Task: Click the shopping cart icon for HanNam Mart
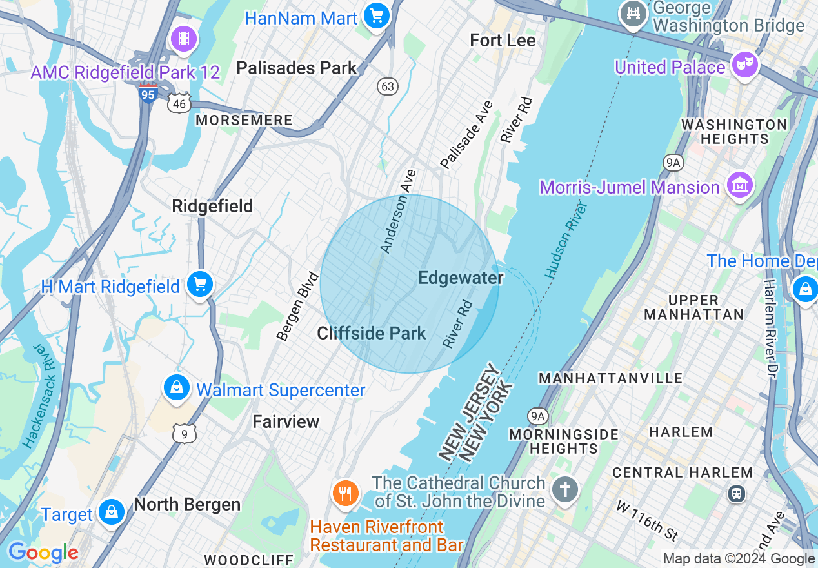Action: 376,16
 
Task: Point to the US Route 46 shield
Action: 179,103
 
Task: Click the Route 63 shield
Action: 388,86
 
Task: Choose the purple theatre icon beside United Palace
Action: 744,65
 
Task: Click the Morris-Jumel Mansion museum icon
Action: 740,186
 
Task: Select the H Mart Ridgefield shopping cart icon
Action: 200,285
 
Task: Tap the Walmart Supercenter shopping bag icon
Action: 176,388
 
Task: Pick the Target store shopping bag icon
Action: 112,512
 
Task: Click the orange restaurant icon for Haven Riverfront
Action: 346,494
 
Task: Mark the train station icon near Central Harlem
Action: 736,494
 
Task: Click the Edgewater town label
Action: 461,278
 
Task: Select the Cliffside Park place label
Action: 372,334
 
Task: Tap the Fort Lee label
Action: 503,41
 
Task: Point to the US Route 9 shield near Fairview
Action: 185,434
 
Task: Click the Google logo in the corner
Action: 43,553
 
